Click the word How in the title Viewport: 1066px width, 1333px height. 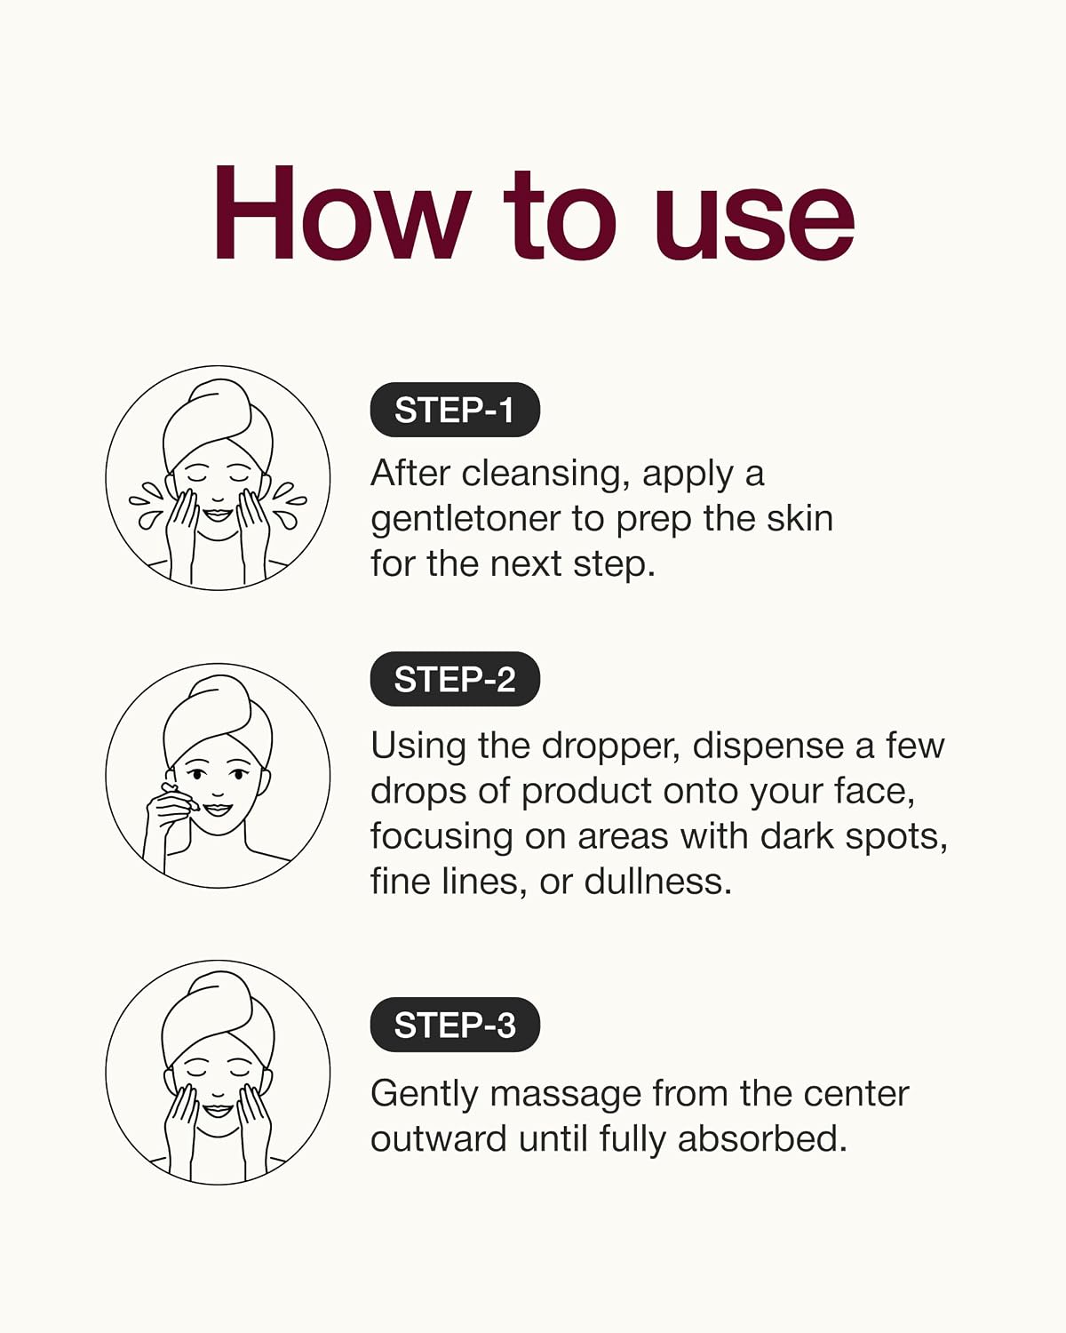343,212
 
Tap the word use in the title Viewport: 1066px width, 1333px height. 754,224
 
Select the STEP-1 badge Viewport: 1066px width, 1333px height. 455,410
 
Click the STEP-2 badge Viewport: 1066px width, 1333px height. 455,679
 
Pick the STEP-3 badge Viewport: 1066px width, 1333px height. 455,1025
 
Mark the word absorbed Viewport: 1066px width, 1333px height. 762,1138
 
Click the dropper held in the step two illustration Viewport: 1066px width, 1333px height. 179,796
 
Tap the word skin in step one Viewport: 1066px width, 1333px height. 799,518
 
